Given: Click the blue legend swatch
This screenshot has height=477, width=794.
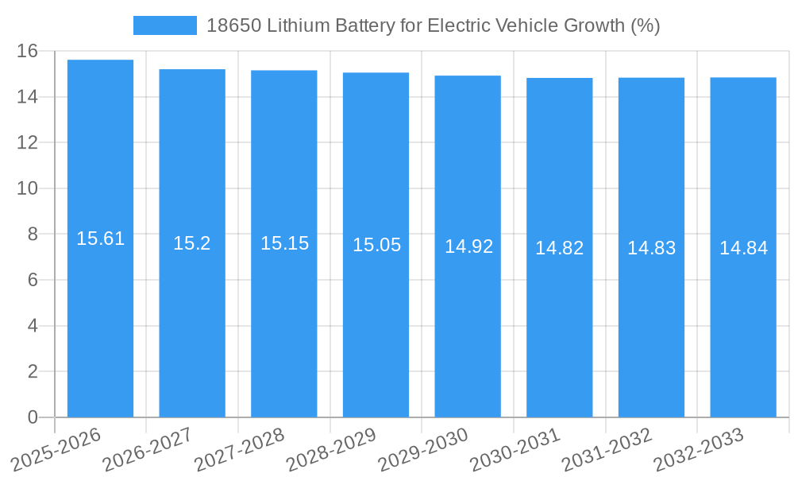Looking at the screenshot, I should point(164,25).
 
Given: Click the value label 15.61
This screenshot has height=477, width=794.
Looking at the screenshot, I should point(100,238).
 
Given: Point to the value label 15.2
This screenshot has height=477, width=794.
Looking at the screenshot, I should point(192,243).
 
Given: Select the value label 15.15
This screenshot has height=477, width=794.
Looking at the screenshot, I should point(284,243).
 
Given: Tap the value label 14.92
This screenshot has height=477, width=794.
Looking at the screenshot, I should point(468,246).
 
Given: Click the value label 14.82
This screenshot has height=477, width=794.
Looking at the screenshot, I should point(559,248).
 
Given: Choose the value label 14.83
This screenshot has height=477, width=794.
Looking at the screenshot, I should point(651,248).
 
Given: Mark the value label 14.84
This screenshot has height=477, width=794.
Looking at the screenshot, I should point(743,248).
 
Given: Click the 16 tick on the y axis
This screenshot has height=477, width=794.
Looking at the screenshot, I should point(28,51).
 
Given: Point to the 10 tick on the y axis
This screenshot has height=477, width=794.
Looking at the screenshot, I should point(28,188).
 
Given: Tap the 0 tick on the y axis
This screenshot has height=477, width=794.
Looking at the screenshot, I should point(33,417).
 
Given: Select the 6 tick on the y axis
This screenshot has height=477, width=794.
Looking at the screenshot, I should point(33,280).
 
